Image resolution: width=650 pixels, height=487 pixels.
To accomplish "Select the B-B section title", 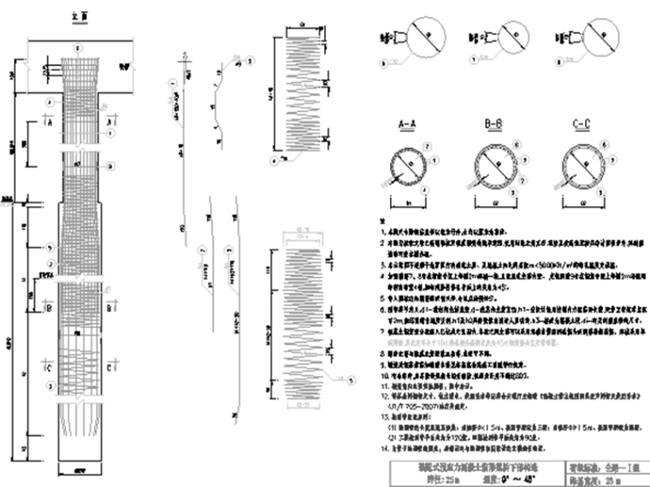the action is tap(493, 125).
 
